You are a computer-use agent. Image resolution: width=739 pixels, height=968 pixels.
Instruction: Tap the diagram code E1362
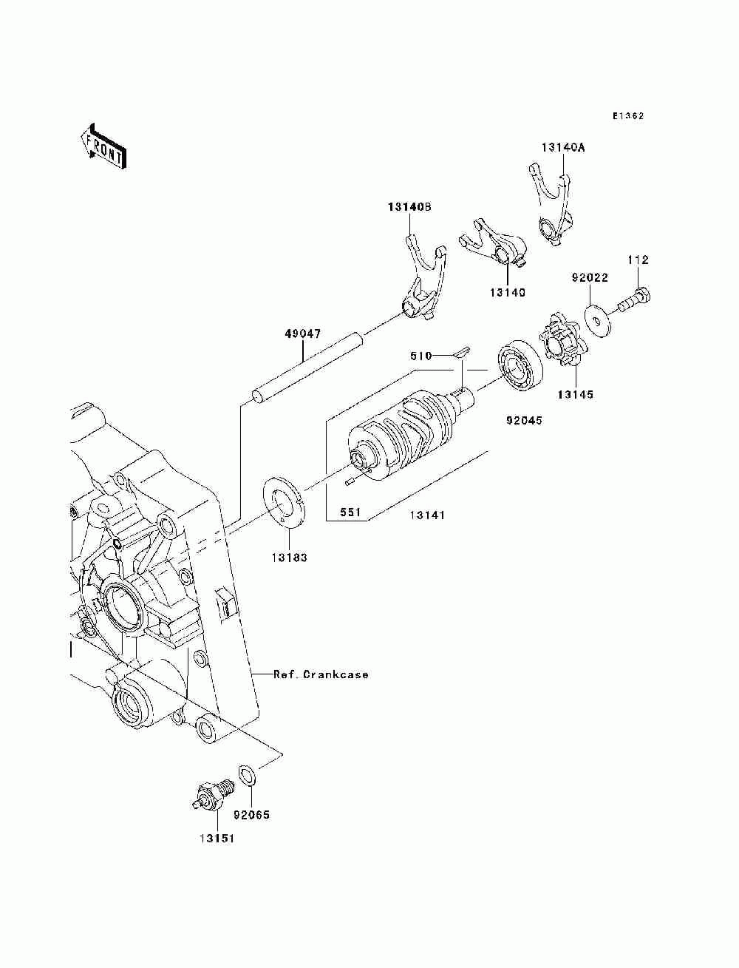point(628,116)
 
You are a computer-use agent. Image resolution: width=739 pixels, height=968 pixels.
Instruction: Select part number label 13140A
point(562,148)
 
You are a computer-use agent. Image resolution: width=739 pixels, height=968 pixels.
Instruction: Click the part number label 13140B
point(409,206)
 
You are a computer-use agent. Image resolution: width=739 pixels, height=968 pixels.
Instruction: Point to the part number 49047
point(303,334)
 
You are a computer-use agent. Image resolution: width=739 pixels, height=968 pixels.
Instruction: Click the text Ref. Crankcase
point(321,674)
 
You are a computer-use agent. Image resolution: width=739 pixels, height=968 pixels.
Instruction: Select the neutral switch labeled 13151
point(212,793)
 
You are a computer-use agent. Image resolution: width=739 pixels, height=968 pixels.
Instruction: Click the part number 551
point(350,512)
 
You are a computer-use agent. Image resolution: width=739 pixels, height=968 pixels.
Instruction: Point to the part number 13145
point(575,394)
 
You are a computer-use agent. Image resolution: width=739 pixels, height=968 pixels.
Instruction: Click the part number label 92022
point(590,277)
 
